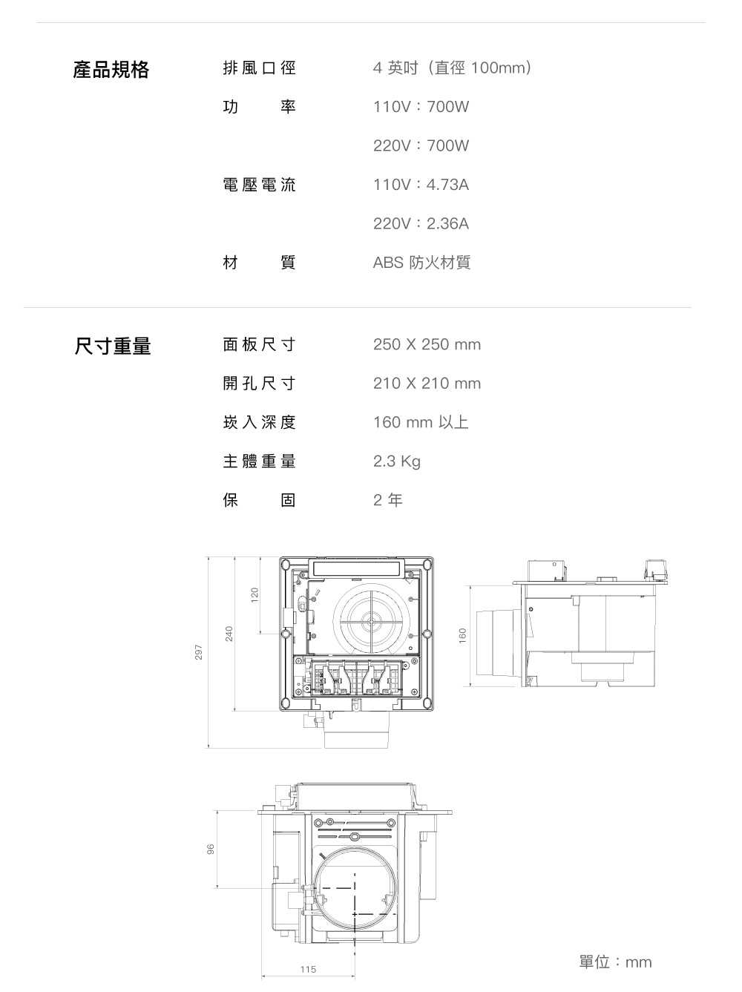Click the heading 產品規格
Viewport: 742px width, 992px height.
tap(111, 70)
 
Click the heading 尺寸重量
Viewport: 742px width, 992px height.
tap(113, 346)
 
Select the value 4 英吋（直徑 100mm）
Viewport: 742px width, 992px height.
tap(453, 69)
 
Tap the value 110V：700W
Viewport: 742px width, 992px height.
tap(421, 107)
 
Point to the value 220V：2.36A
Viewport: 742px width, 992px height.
tap(421, 223)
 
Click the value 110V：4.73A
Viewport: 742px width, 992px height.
tap(421, 185)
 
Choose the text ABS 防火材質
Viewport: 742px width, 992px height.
tap(421, 263)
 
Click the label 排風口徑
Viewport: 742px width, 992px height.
tap(259, 68)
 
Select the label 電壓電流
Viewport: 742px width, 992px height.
tap(259, 185)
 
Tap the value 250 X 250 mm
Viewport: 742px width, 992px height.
tap(427, 345)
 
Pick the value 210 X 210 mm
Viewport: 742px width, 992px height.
tap(427, 384)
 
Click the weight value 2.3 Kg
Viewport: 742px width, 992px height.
tap(396, 461)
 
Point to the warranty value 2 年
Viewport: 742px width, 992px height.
tap(387, 501)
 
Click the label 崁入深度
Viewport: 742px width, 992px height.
tap(259, 423)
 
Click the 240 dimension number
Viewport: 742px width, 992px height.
tap(229, 634)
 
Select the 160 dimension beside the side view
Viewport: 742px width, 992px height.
tap(462, 635)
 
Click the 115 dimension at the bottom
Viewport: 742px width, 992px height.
tap(308, 970)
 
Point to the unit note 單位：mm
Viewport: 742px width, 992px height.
tap(615, 962)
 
